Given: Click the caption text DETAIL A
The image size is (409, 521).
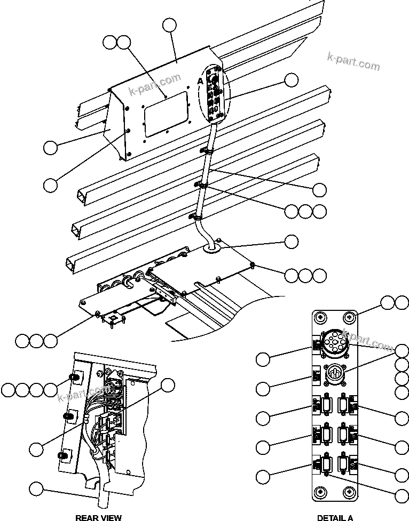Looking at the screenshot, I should (x=335, y=517).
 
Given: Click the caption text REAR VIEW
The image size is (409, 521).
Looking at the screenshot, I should (x=98, y=517).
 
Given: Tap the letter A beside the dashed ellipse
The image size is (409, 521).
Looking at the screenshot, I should (x=200, y=80).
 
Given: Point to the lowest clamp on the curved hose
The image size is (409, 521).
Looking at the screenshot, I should (x=195, y=217).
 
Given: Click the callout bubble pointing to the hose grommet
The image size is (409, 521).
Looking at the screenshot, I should (x=291, y=242).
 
